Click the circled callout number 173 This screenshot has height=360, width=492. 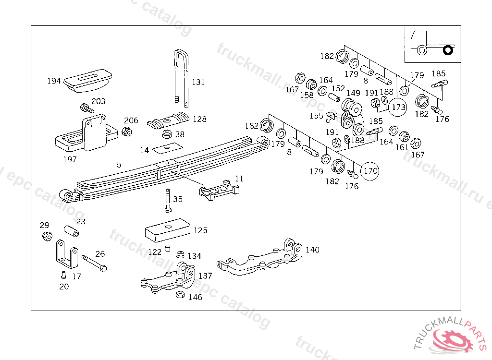click(399, 107)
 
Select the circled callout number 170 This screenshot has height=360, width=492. click(370, 170)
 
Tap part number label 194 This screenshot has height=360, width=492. click(54, 81)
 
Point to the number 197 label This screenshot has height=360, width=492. click(70, 159)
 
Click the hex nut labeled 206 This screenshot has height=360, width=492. click(127, 132)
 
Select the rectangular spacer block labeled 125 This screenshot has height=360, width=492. click(167, 229)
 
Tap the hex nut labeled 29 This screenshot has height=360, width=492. click(47, 236)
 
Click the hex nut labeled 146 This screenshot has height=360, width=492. click(180, 295)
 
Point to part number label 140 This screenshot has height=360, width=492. click(312, 250)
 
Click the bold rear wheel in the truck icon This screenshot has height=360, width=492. click(448, 49)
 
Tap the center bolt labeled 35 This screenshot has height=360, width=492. click(167, 201)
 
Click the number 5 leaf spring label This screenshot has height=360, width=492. click(119, 165)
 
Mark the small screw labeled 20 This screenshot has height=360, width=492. click(62, 275)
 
